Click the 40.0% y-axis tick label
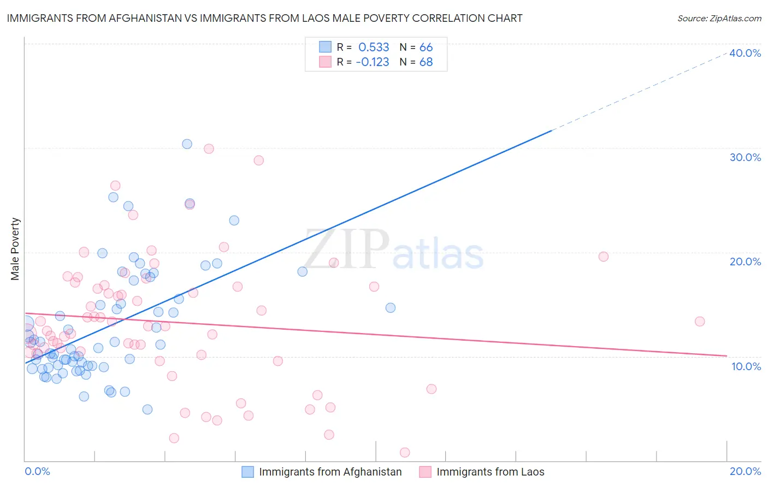coord(745,53)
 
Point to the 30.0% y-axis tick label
coord(745,157)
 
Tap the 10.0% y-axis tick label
coord(746,366)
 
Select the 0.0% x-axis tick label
coord(37,472)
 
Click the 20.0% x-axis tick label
coord(745,472)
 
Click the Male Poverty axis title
coord(15,249)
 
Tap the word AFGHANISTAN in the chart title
coord(142,19)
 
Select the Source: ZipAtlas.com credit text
coord(719,19)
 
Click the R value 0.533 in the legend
coord(374,47)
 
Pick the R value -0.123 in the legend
coord(373,62)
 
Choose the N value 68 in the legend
coord(426,62)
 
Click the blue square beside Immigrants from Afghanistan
coord(248,472)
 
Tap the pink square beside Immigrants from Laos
coord(425,472)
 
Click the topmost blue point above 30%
coord(187,144)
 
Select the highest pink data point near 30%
coord(209,149)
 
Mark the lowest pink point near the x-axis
coord(405,452)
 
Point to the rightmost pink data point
coord(700,322)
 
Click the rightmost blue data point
coord(391,308)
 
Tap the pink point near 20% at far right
coord(604,257)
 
